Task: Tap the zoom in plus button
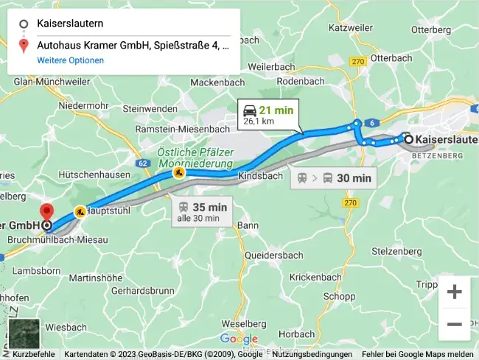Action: point(454,292)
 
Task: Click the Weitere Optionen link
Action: point(71,60)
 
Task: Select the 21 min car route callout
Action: point(270,115)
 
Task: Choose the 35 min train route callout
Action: point(203,211)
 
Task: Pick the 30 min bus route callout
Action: point(334,177)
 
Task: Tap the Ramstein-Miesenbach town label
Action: point(182,129)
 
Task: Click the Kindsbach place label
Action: point(260,177)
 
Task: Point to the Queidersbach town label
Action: point(273,255)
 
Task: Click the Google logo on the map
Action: point(238,339)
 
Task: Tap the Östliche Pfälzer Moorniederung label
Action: point(193,157)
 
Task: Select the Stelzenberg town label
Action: point(402,251)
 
